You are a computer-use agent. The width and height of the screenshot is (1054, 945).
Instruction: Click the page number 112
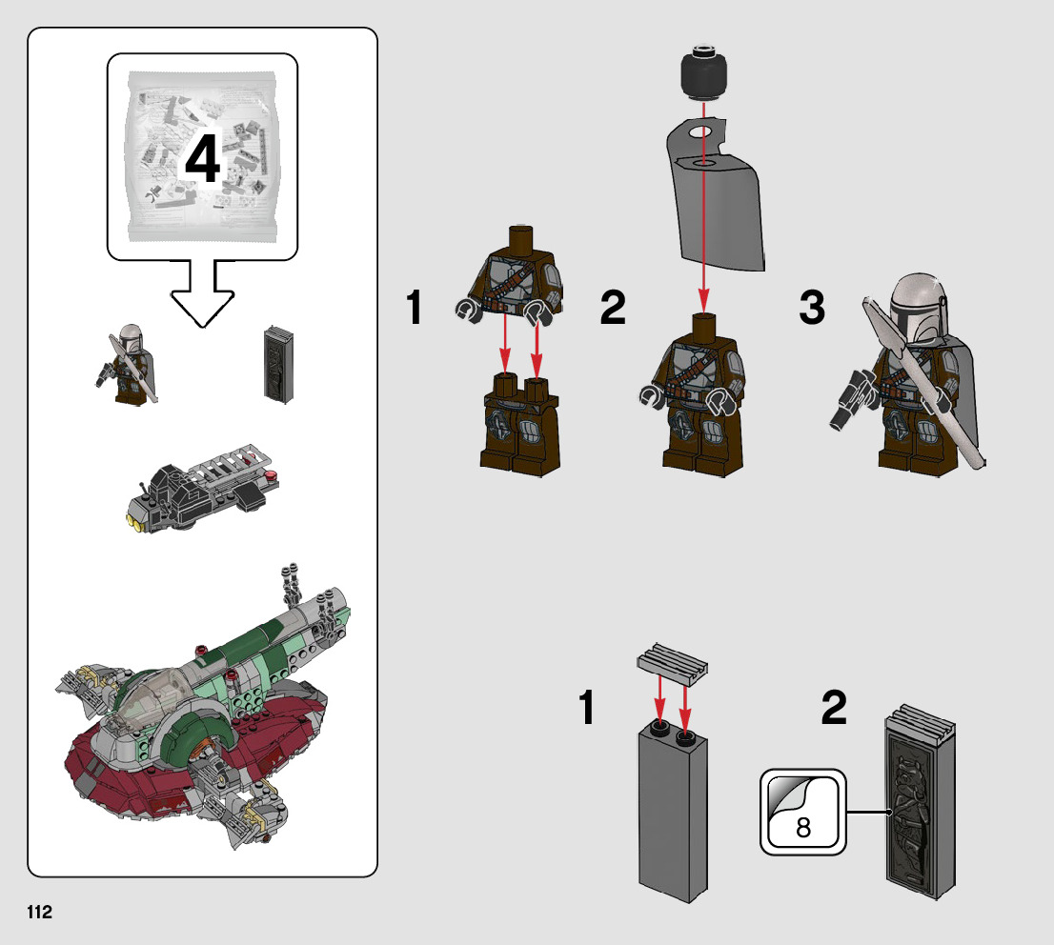coord(40,912)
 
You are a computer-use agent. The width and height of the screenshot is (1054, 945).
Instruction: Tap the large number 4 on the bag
coord(202,159)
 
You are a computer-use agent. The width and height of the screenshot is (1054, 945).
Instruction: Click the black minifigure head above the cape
coord(704,70)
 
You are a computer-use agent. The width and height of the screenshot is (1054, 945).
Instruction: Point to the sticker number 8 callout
coord(802,812)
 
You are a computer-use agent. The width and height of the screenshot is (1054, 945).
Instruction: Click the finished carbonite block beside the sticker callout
coord(921,800)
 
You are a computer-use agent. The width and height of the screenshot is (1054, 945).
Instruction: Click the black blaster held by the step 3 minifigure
coord(852,398)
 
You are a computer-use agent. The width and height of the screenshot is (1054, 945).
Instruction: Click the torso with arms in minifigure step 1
coord(512,276)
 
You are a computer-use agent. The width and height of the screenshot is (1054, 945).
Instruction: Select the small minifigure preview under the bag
coord(128,365)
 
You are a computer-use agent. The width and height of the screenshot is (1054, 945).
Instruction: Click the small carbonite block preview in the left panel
coord(279,364)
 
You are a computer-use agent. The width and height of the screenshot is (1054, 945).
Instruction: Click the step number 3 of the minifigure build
coord(812,307)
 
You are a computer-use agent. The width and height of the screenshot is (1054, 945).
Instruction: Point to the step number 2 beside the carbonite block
coord(834,707)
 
